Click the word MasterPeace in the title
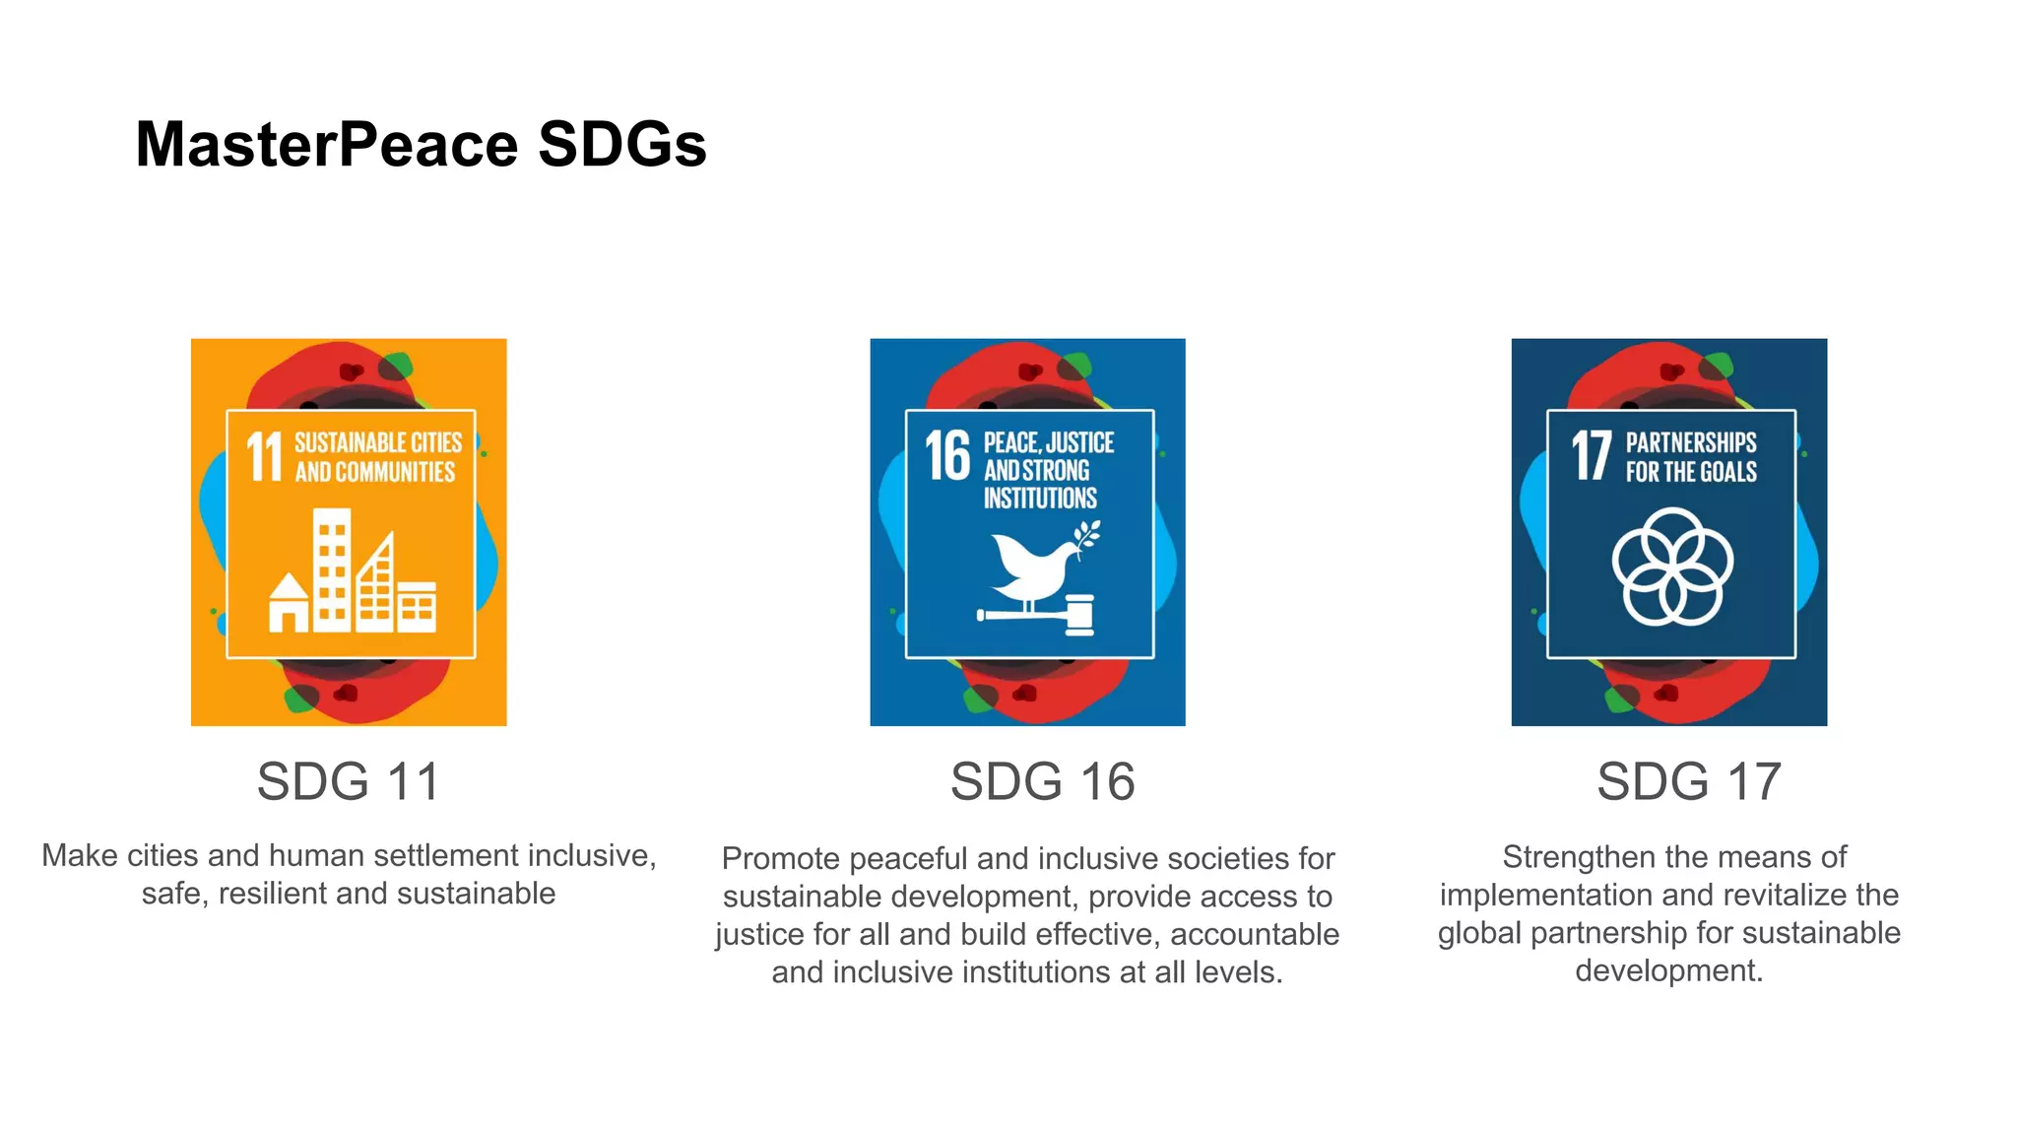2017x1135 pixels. click(326, 145)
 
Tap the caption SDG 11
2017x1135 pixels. click(349, 781)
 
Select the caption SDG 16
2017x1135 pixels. click(1042, 781)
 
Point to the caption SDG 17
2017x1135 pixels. click(1688, 781)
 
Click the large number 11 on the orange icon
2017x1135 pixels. click(264, 457)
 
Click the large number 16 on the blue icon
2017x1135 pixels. click(947, 455)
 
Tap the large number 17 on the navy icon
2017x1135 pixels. click(1591, 455)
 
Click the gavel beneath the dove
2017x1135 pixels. click(1044, 616)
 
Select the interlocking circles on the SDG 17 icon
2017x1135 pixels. click(1671, 567)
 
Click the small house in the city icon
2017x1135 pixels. click(289, 604)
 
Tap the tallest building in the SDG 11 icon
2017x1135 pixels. click(332, 569)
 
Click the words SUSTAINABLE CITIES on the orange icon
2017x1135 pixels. click(378, 443)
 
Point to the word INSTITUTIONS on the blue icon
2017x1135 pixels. click(1040, 499)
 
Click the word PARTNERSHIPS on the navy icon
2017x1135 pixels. click(1691, 443)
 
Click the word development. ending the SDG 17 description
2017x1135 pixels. click(1668, 970)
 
